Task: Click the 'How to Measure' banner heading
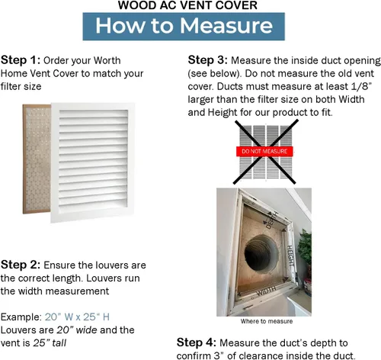pyautogui.click(x=184, y=26)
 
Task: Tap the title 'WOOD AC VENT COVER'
pyautogui.click(x=187, y=5)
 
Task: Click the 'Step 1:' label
pyautogui.click(x=21, y=60)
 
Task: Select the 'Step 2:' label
pyautogui.click(x=21, y=265)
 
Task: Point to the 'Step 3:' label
pyautogui.click(x=207, y=60)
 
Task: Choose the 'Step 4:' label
pyautogui.click(x=197, y=342)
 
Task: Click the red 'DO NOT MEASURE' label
pyautogui.click(x=264, y=151)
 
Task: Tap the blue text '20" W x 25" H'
pyautogui.click(x=77, y=317)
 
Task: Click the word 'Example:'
pyautogui.click(x=21, y=317)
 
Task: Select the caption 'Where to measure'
pyautogui.click(x=267, y=321)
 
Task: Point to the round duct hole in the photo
pyautogui.click(x=261, y=253)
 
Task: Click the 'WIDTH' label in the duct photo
pyautogui.click(x=266, y=291)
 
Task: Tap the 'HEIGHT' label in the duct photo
pyautogui.click(x=290, y=256)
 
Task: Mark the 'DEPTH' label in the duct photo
pyautogui.click(x=271, y=220)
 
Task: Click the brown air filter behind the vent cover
pyautogui.click(x=37, y=159)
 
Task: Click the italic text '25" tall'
pyautogui.click(x=50, y=343)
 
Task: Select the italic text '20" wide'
pyautogui.click(x=77, y=330)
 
